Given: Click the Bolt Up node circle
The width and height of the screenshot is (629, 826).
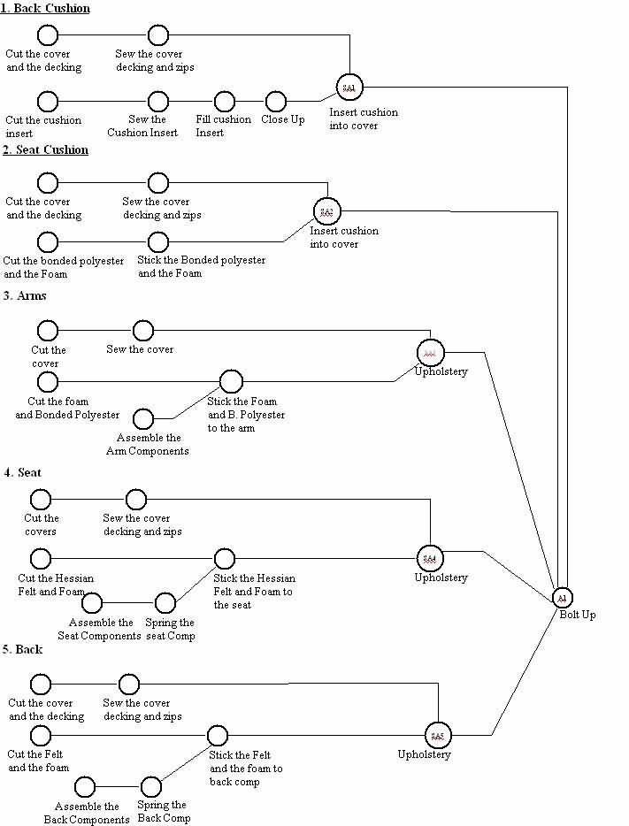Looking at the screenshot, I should click(x=563, y=599).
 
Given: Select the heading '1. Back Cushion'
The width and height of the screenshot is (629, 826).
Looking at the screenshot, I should click(x=45, y=8).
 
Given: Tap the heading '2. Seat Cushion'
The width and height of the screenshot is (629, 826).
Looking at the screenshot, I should click(x=45, y=149).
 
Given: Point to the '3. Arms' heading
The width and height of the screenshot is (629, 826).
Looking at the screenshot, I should click(x=25, y=295).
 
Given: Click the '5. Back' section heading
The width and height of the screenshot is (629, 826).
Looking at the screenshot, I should click(x=23, y=649).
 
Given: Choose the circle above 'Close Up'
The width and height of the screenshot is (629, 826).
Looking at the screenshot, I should click(x=275, y=102).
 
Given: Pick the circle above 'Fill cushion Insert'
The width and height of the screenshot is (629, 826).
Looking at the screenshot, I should click(x=225, y=102).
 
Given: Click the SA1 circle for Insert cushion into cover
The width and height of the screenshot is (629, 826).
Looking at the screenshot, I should click(x=349, y=88).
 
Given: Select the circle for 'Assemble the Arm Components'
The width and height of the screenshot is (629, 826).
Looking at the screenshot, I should click(x=142, y=418).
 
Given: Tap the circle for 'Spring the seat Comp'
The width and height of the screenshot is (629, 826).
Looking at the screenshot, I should click(x=165, y=603).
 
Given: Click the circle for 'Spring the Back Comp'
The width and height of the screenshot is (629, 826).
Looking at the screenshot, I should click(x=151, y=786).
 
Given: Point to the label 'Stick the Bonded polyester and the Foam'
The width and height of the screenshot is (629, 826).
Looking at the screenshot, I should click(x=201, y=267).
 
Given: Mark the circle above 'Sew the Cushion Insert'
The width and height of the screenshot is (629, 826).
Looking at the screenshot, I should click(x=146, y=102).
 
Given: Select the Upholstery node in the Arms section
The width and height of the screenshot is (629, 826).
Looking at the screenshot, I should click(x=430, y=352).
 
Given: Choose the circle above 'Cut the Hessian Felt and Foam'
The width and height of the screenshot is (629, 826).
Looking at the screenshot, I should click(x=41, y=559).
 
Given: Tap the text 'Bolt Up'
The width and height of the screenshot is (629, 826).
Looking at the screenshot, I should click(x=577, y=615).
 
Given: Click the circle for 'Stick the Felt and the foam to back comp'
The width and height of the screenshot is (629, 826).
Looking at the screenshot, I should click(x=218, y=735).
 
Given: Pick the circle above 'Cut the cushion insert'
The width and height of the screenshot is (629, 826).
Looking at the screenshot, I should click(x=48, y=102).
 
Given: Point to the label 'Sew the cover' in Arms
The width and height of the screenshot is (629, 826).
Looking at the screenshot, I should click(x=140, y=349).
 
